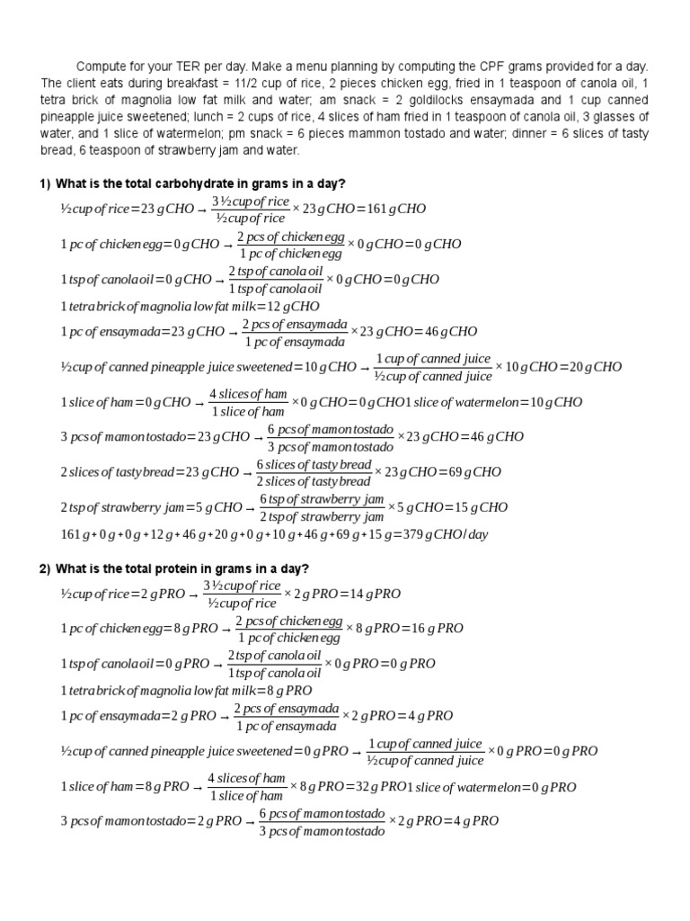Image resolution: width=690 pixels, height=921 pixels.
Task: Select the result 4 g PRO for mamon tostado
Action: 470,821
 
